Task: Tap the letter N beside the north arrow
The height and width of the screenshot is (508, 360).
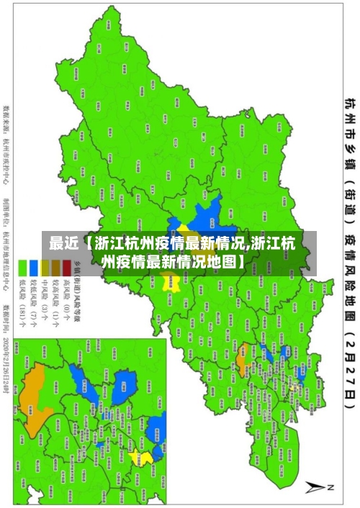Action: [332, 488]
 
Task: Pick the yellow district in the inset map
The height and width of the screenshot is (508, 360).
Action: [145, 458]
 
